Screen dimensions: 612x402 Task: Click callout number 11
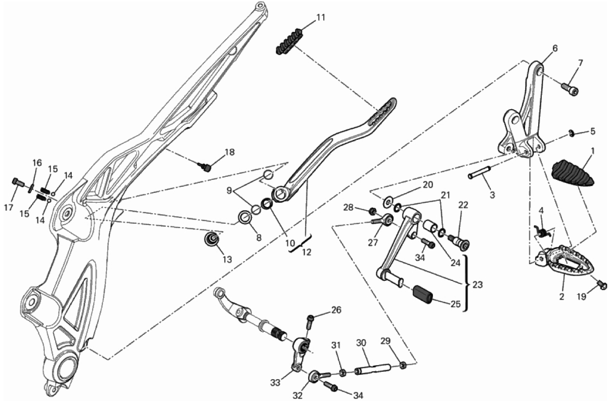coord(321,18)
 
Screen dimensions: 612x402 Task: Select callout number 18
coord(229,152)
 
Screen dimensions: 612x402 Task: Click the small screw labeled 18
coord(205,167)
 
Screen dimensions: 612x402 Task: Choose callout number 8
coord(259,237)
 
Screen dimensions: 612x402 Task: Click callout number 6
coord(555,48)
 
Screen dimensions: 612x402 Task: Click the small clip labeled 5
coord(570,133)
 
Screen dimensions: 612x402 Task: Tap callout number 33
coord(275,383)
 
